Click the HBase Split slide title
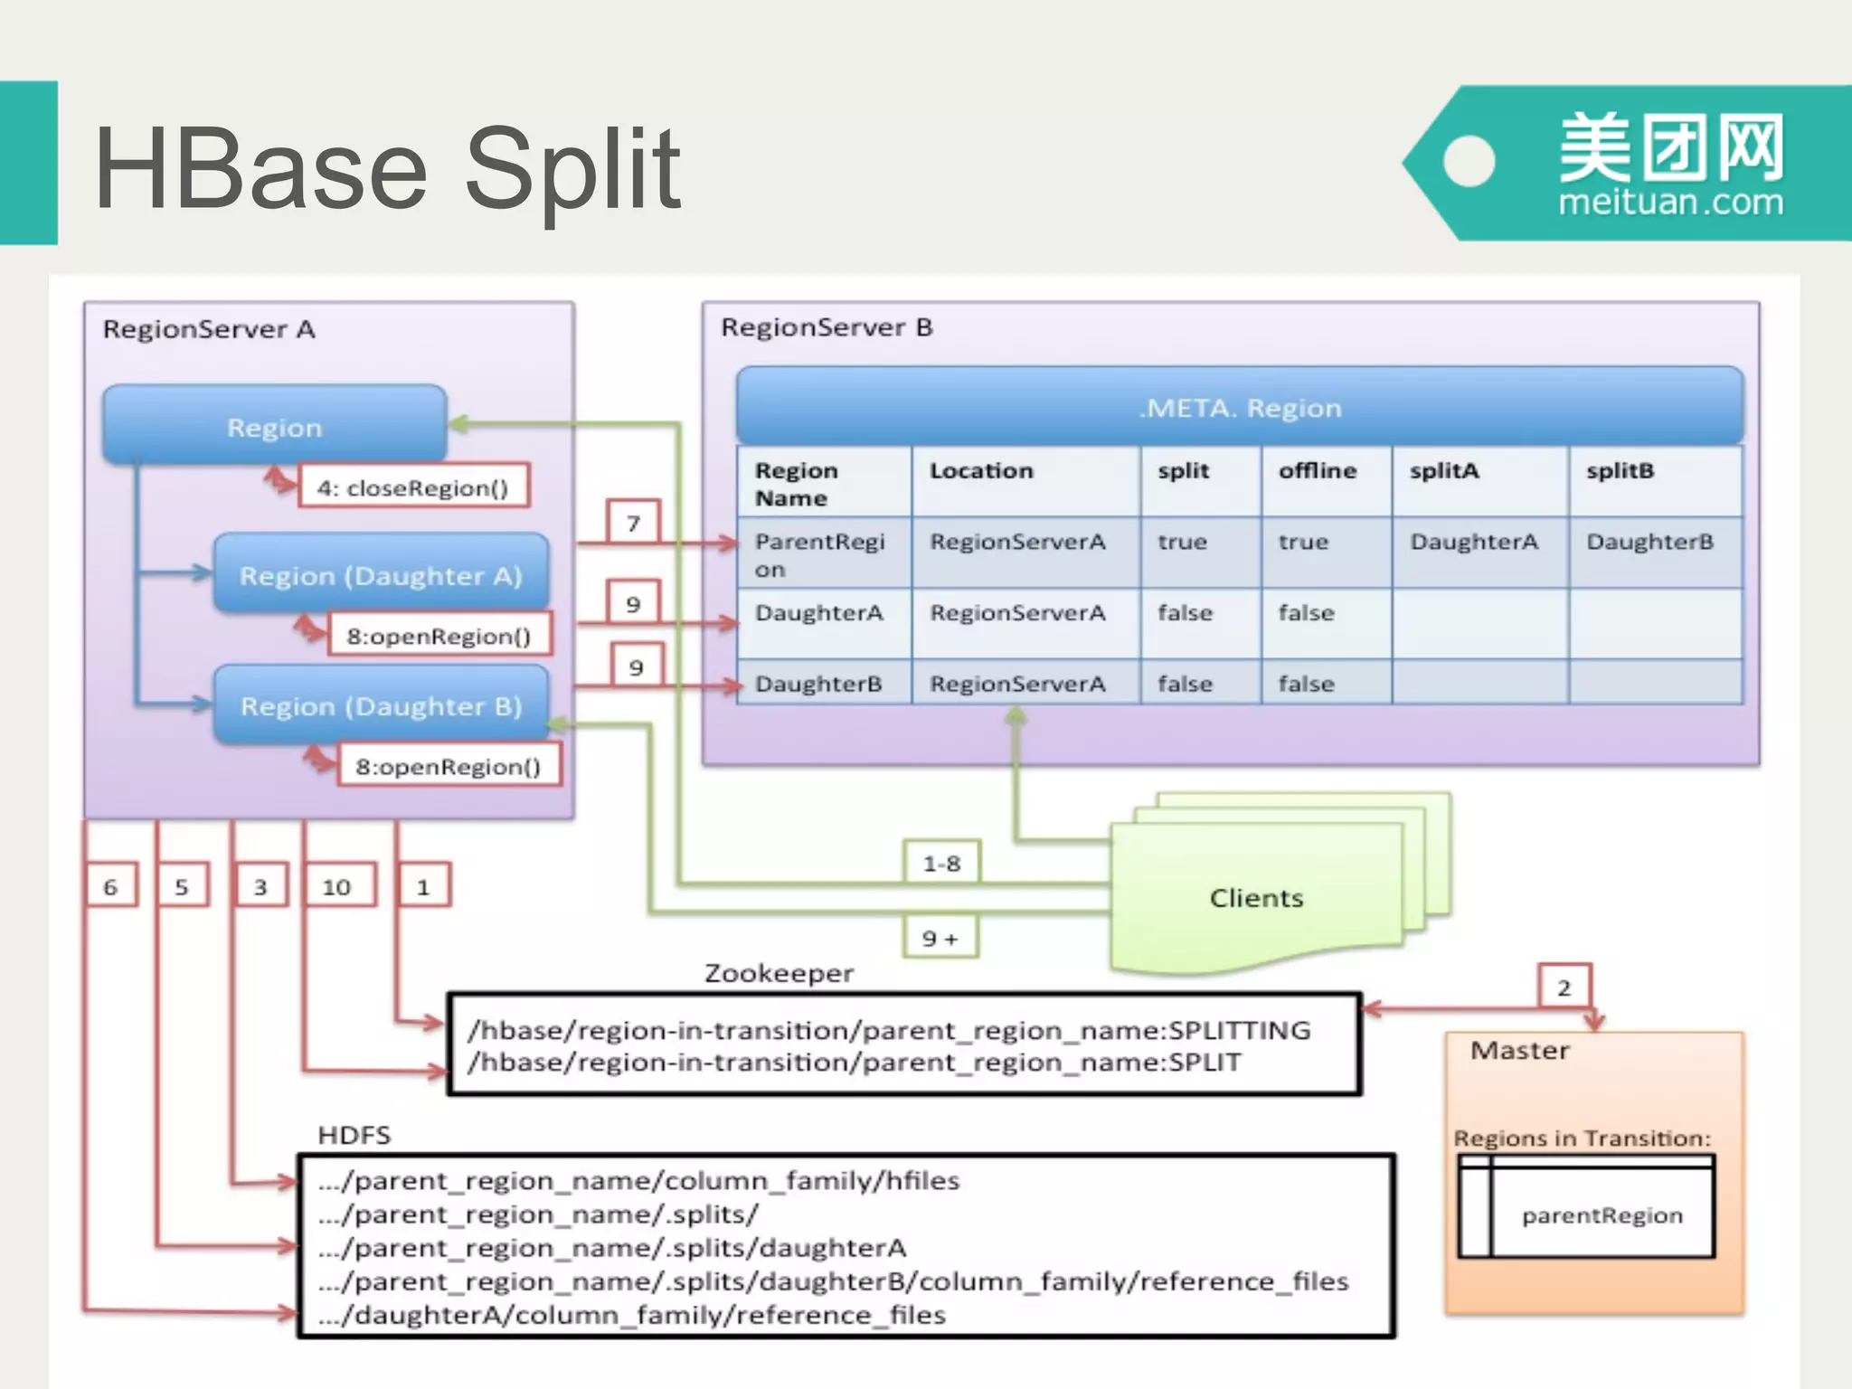point(387,169)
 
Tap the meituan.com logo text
point(1670,202)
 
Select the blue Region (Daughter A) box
point(381,575)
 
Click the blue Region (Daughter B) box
point(381,705)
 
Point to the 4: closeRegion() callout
point(413,487)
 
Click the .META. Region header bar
point(1239,408)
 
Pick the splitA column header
point(1444,471)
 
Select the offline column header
point(1317,471)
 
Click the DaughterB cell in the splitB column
point(1649,542)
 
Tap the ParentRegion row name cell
point(819,554)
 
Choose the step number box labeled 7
point(633,523)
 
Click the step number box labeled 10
point(336,887)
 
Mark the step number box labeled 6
point(110,887)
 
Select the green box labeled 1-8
point(941,864)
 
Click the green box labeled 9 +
point(940,939)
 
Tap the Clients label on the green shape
point(1256,898)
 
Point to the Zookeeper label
point(779,974)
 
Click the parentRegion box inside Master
point(1602,1215)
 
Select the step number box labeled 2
point(1564,987)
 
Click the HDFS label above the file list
point(354,1135)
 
